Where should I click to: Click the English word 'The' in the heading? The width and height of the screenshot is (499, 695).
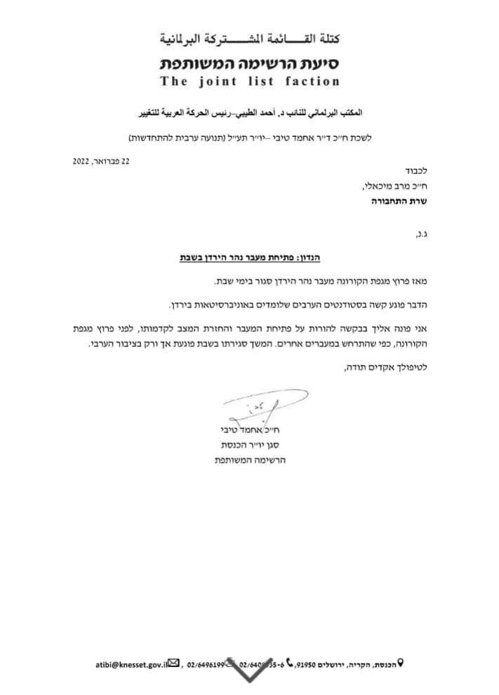pyautogui.click(x=172, y=81)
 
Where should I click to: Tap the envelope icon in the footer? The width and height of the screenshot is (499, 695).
pyautogui.click(x=174, y=662)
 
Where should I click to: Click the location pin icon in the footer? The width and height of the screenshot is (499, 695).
pyautogui.click(x=401, y=662)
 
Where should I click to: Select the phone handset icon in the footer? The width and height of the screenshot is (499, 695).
pyautogui.click(x=290, y=662)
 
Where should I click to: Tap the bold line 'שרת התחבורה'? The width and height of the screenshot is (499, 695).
pyautogui.click(x=399, y=201)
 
